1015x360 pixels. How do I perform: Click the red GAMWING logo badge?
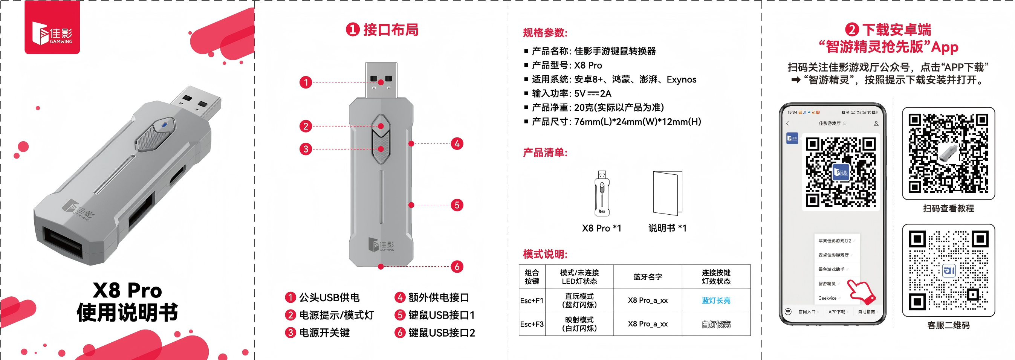point(52,27)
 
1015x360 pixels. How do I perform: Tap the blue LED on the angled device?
point(164,125)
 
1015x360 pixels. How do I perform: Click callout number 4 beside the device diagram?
point(457,143)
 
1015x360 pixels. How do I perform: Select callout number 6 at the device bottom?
point(457,266)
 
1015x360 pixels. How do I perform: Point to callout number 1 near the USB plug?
point(306,82)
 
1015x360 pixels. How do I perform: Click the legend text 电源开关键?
point(324,333)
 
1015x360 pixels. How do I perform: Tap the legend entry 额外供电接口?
point(439,297)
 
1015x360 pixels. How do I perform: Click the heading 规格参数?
point(545,33)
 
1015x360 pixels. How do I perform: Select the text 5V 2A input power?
point(593,93)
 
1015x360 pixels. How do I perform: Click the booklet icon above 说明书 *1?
point(668,193)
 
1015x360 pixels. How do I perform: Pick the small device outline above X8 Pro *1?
point(602,193)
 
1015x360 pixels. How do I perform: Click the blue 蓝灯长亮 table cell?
point(716,301)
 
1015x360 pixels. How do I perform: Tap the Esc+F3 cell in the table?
point(532,324)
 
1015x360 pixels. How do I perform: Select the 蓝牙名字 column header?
point(648,277)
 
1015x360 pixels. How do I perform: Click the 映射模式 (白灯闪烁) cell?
point(579,324)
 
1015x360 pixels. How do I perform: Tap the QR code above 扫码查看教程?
point(948,153)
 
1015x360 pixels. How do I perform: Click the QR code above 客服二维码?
point(948,270)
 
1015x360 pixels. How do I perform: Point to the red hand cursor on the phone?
point(862,292)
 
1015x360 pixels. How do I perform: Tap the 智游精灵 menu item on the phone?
point(827,284)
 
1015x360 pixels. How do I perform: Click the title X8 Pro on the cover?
point(127,291)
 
